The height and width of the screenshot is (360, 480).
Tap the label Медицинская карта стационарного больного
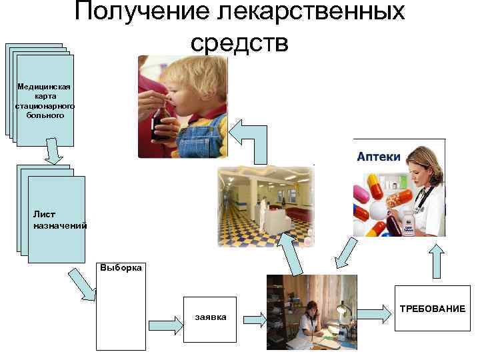tap(45, 101)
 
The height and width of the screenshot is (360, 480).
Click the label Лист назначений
tap(59, 220)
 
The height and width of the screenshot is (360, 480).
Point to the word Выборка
tap(121, 268)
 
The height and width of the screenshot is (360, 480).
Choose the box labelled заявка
tap(211, 317)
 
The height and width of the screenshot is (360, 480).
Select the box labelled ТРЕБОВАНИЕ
tap(431, 309)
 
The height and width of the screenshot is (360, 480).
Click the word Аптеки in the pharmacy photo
tap(379, 156)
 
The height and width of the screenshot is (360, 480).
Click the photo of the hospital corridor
tap(265, 207)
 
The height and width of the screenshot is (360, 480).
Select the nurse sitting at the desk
tap(312, 320)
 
